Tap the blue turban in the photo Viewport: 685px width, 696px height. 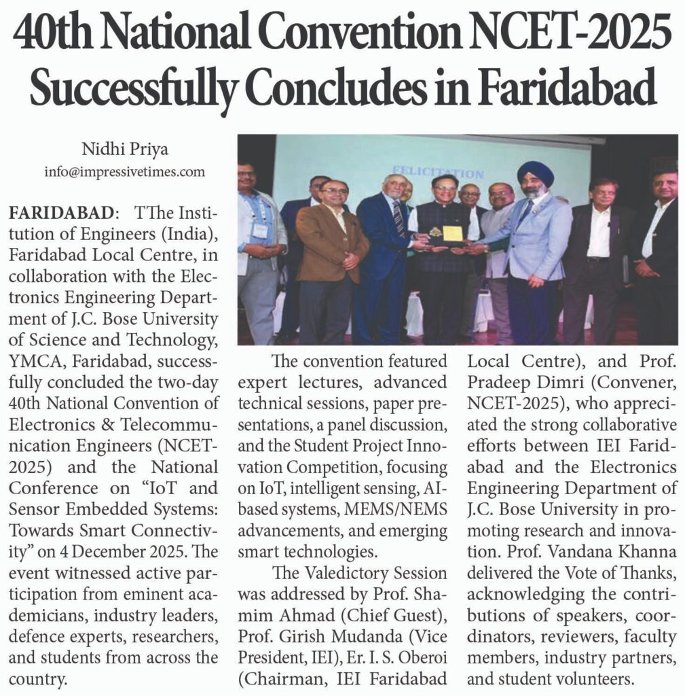pos(535,173)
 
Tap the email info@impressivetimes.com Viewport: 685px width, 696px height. pos(125,171)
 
